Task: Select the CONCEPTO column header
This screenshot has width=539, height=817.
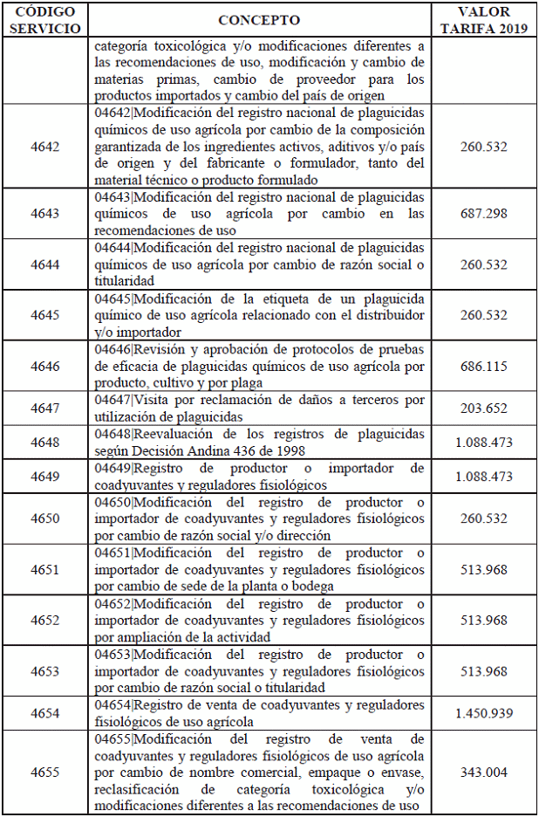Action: pyautogui.click(x=259, y=20)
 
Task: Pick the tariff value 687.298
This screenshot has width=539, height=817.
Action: pyautogui.click(x=484, y=214)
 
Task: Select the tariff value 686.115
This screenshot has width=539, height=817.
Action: pyautogui.click(x=484, y=367)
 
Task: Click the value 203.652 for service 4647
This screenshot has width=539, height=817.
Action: pyautogui.click(x=484, y=408)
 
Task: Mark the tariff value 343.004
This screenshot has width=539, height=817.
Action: pyautogui.click(x=484, y=772)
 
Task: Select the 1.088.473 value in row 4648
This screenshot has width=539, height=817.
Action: pyautogui.click(x=484, y=443)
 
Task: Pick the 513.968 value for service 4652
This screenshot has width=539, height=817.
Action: pyautogui.click(x=484, y=621)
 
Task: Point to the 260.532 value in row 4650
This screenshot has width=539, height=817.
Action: pyautogui.click(x=484, y=518)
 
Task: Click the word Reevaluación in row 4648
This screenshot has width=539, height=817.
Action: pyautogui.click(x=176, y=434)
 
